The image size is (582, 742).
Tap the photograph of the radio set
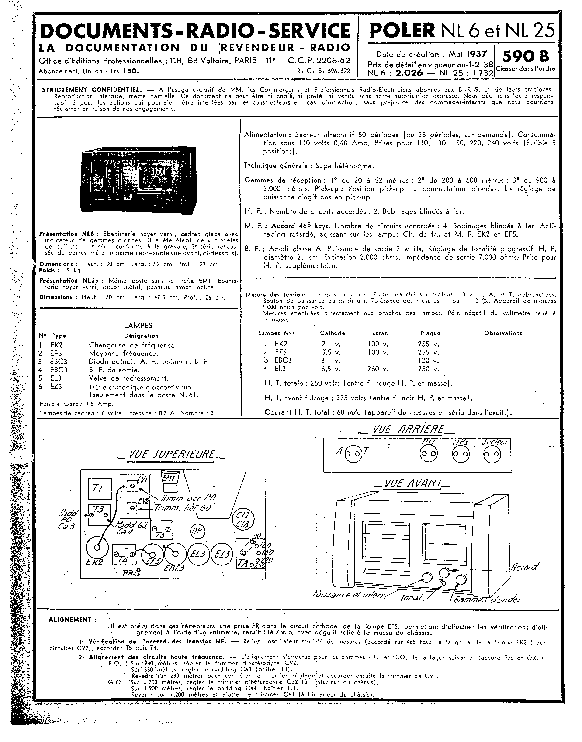(139, 180)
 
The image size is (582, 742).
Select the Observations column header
(503, 333)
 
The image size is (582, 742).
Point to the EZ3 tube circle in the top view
(222, 554)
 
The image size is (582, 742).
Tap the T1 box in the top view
(100, 489)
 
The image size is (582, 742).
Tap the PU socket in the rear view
(428, 454)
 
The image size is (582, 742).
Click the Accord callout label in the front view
(525, 567)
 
